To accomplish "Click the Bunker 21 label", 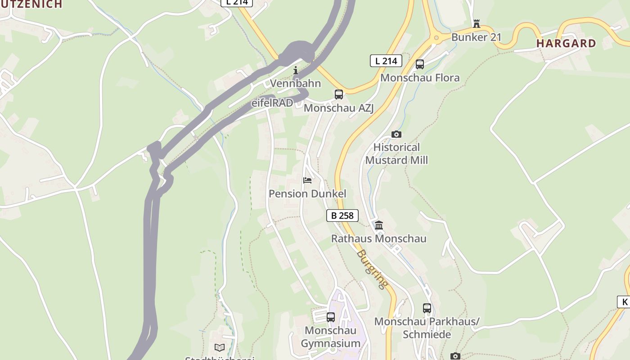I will [476, 37].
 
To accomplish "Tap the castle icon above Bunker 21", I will [477, 23].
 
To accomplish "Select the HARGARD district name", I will [566, 44].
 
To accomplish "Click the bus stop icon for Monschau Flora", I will [420, 64].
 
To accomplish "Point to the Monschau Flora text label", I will [420, 78].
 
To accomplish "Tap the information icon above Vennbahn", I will [296, 70].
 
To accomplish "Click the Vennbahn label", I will [296, 83].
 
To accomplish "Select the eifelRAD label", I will [272, 103].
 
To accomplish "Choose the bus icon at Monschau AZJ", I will [339, 94].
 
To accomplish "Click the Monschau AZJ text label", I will [338, 108].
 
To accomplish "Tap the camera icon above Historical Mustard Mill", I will [396, 134].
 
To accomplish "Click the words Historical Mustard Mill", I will [396, 154].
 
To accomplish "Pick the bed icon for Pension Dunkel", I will [307, 180].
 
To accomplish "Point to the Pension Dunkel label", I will [307, 194].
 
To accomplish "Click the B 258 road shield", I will [342, 216].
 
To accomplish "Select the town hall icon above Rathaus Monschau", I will [379, 225].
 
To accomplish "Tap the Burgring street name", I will [372, 269].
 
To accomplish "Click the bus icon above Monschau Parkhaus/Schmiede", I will [427, 308].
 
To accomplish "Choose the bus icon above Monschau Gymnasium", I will [331, 317].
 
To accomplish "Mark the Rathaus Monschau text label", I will [378, 238].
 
